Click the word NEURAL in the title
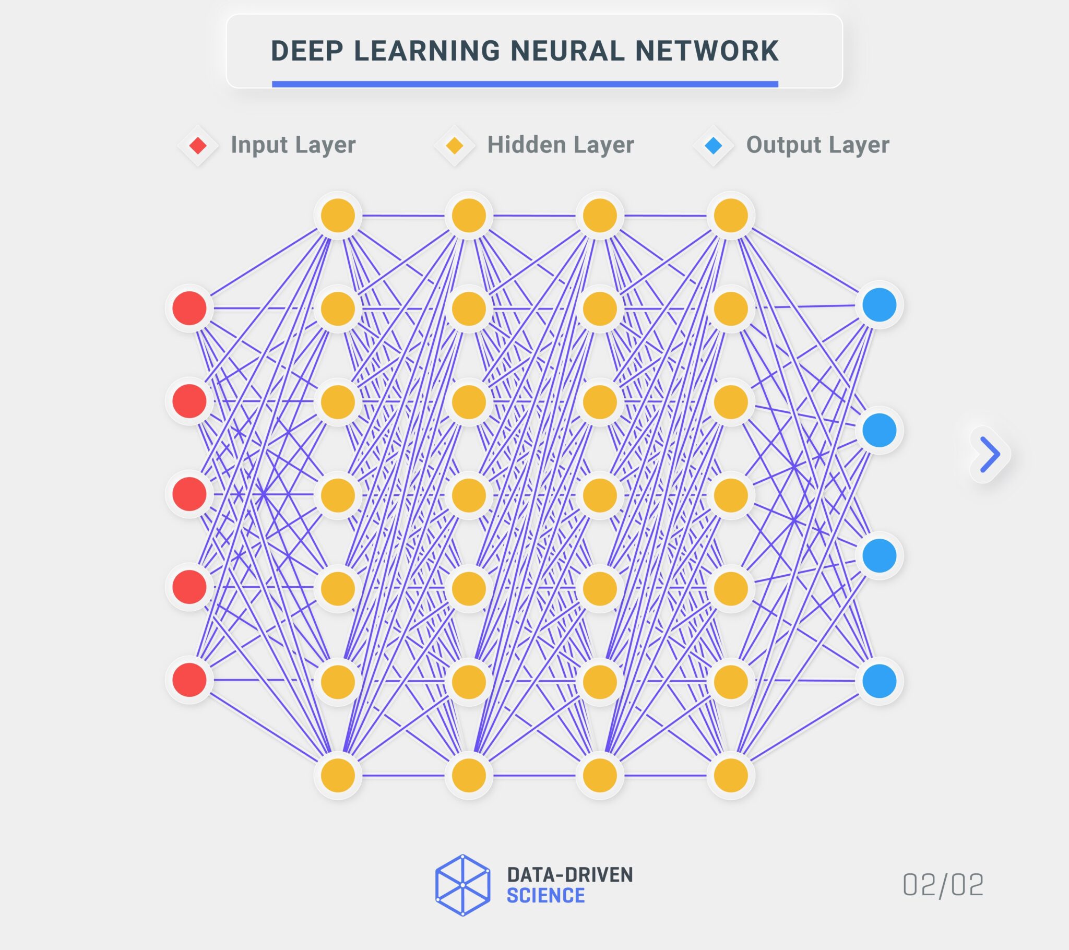click(567, 51)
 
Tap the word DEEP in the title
click(307, 51)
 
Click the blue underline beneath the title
click(525, 84)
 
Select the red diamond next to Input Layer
click(198, 146)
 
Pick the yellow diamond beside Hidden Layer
click(455, 146)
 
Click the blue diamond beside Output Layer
click(714, 146)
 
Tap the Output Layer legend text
click(817, 145)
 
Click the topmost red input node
click(189, 308)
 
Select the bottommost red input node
click(189, 680)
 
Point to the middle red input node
click(189, 494)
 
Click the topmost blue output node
click(879, 305)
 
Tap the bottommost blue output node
click(879, 681)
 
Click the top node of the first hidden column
click(338, 216)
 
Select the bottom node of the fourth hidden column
click(731, 775)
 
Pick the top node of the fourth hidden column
click(731, 216)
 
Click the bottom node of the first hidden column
click(338, 775)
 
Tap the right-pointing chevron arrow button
click(989, 454)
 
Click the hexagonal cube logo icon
click(462, 885)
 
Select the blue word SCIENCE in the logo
click(545, 896)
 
